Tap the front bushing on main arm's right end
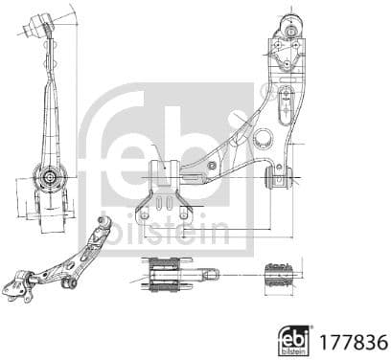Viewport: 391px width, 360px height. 279,178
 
